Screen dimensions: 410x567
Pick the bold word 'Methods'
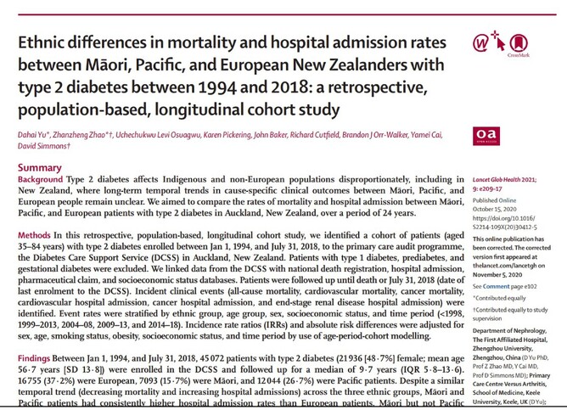click(36, 233)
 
